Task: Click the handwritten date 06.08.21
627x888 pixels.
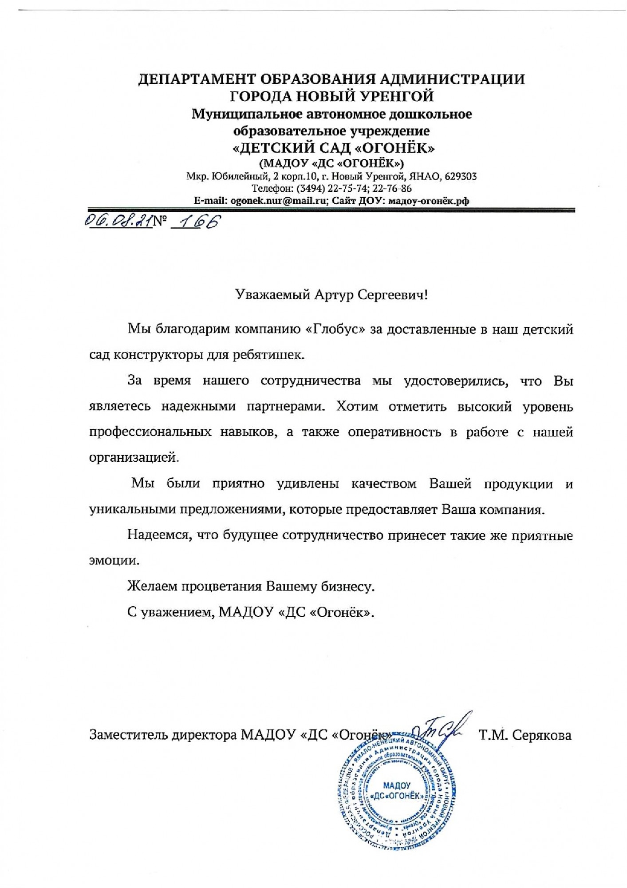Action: point(118,221)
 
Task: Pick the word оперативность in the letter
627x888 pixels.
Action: point(394,432)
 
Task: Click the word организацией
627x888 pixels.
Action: point(134,458)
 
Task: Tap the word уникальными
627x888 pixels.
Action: point(131,509)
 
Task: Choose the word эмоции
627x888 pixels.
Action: point(114,560)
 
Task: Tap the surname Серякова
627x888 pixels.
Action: point(541,736)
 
